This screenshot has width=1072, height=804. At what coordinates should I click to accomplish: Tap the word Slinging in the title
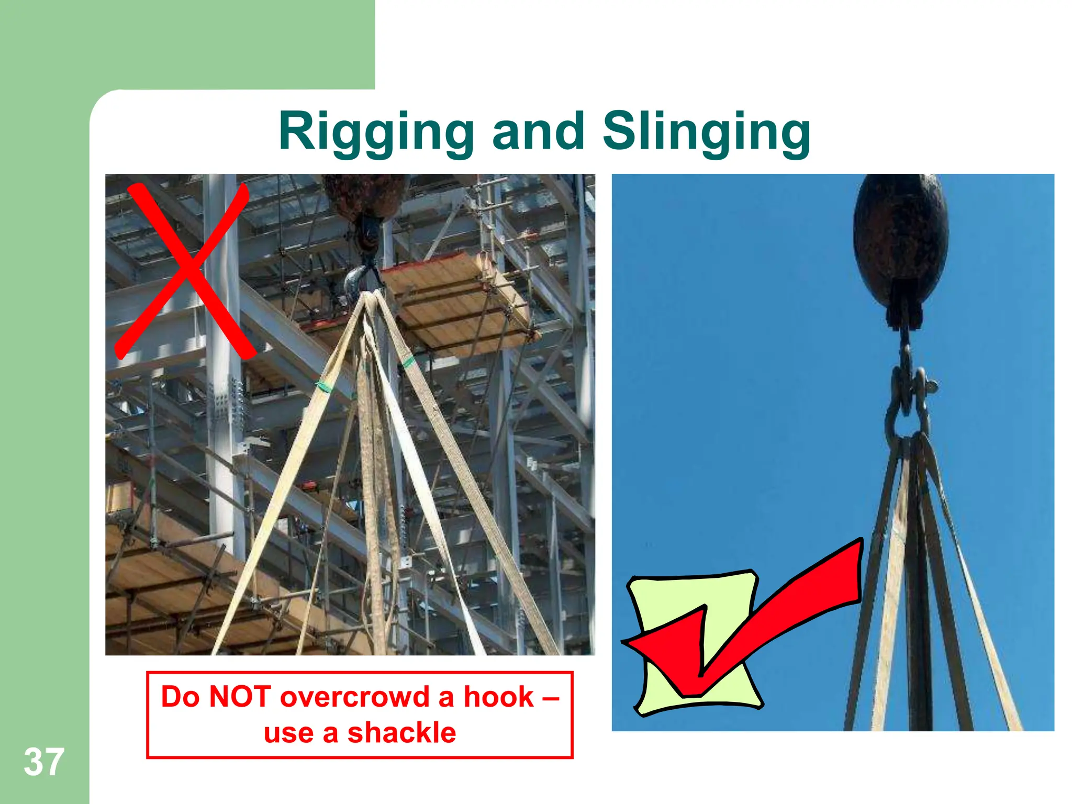[x=707, y=132]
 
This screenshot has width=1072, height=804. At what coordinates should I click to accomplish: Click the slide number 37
[x=44, y=762]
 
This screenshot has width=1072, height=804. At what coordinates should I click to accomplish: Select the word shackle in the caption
[x=401, y=733]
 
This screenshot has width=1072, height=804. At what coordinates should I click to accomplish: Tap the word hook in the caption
[x=498, y=697]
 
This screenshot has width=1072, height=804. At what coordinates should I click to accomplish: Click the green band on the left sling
[x=325, y=386]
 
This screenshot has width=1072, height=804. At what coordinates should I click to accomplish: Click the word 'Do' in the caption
[x=180, y=697]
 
